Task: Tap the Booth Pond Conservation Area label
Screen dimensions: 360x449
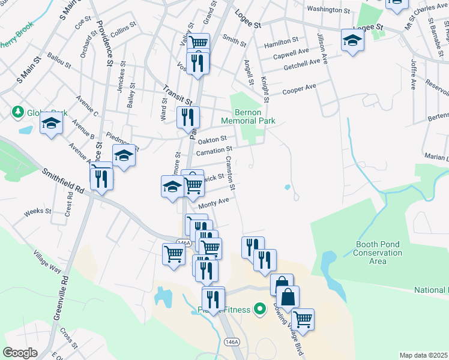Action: [379, 253]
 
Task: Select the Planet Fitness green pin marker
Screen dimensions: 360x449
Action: [259, 310]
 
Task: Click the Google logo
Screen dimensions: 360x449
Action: [20, 352]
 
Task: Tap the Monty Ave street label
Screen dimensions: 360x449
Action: [214, 203]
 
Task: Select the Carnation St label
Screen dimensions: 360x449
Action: [214, 150]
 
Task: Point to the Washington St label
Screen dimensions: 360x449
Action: [328, 10]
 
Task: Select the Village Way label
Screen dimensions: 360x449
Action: [47, 262]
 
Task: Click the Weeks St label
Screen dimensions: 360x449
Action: [37, 212]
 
